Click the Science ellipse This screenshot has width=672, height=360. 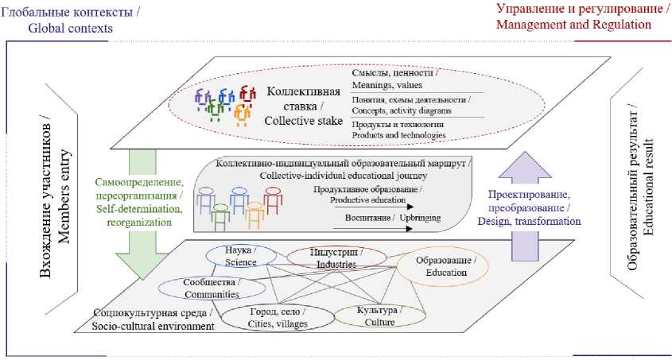pos(242,256)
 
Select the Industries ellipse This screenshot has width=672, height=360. pos(336,257)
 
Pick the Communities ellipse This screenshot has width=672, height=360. pos(200,287)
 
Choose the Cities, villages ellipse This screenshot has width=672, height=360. pos(268,317)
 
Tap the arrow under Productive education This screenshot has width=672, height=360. pos(374,209)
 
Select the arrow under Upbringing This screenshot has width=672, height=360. pos(374,228)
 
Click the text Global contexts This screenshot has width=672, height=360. pos(71,29)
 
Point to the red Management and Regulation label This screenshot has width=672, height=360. pos(573,24)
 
